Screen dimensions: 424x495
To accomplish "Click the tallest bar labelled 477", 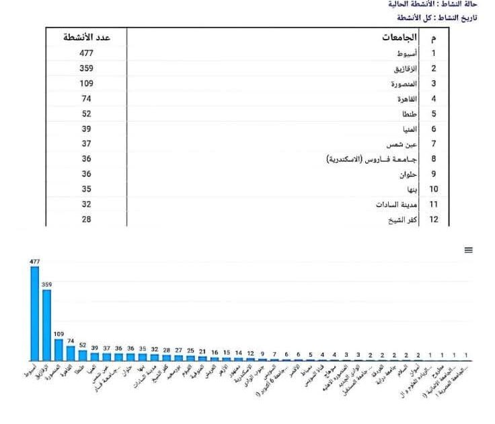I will [35, 313].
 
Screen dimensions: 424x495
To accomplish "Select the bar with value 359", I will [46, 325].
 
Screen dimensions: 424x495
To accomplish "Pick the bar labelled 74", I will [71, 353].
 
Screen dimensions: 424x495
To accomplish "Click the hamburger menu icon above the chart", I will [469, 250].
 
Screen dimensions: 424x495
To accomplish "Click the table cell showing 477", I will [86, 53].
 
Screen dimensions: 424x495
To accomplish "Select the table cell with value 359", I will [86, 69].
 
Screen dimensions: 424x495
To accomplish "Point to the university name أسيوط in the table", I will [406, 53].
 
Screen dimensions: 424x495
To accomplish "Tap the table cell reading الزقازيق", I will [404, 69].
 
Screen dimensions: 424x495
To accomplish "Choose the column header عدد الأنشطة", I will [86, 37].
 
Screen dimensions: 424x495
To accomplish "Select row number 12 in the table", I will [434, 219].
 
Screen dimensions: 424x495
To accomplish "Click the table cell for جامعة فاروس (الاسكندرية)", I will [371, 160].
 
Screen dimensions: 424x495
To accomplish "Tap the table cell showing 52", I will [86, 114].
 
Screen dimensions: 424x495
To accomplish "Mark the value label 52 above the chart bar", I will [83, 345].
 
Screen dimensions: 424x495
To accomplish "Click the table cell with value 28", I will [86, 219].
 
